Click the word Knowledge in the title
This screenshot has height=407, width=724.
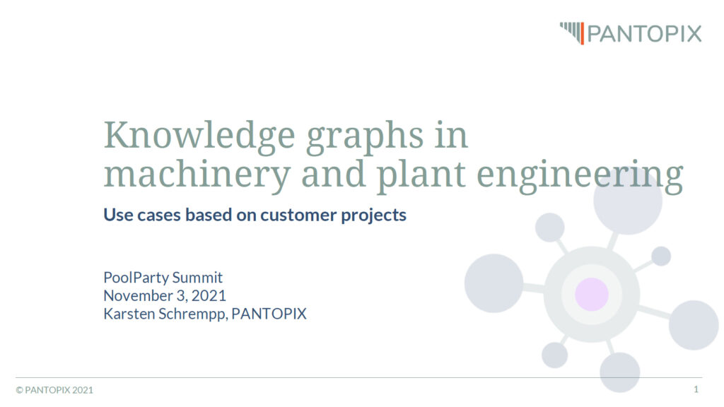(199, 136)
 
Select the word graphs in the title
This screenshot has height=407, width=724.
(364, 138)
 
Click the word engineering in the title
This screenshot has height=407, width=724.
(580, 176)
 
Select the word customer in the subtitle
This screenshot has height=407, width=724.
(298, 215)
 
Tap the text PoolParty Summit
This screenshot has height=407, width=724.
(163, 277)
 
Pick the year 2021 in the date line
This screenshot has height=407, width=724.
(209, 295)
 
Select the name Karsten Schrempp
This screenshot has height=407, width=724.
(165, 314)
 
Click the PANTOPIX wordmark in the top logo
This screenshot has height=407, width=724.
(644, 34)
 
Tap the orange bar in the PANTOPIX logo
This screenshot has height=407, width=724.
(583, 34)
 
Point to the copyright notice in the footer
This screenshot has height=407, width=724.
(54, 390)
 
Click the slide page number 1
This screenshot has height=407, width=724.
(696, 389)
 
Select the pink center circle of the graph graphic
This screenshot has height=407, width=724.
(592, 295)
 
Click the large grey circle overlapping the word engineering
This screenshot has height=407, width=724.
(628, 200)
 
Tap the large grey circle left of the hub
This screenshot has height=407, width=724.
(494, 283)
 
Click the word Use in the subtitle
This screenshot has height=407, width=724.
(118, 215)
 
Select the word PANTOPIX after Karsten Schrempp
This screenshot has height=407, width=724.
(269, 314)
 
